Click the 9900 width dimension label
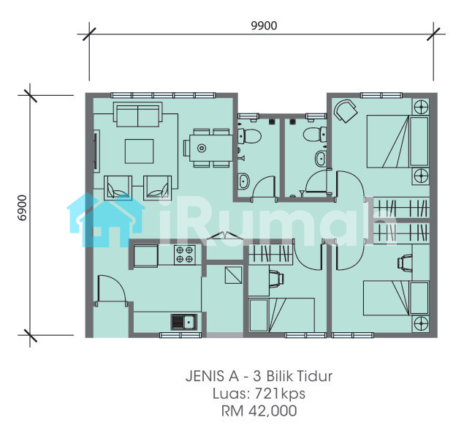tap(264, 26)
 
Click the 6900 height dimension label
tap(22, 208)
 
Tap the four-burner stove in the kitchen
tap(185, 255)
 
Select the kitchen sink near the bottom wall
tap(183, 322)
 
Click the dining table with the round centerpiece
tap(211, 148)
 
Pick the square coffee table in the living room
tap(139, 151)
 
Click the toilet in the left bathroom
tap(249, 136)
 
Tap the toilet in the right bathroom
tap(315, 135)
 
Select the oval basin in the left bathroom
tap(243, 181)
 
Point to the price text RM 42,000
tap(259, 411)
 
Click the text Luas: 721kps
tap(259, 394)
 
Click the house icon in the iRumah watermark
tap(106, 220)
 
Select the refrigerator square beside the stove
tap(146, 256)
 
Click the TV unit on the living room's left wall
tap(96, 151)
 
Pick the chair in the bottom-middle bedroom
tap(277, 279)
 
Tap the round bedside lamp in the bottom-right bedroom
tap(421, 323)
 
